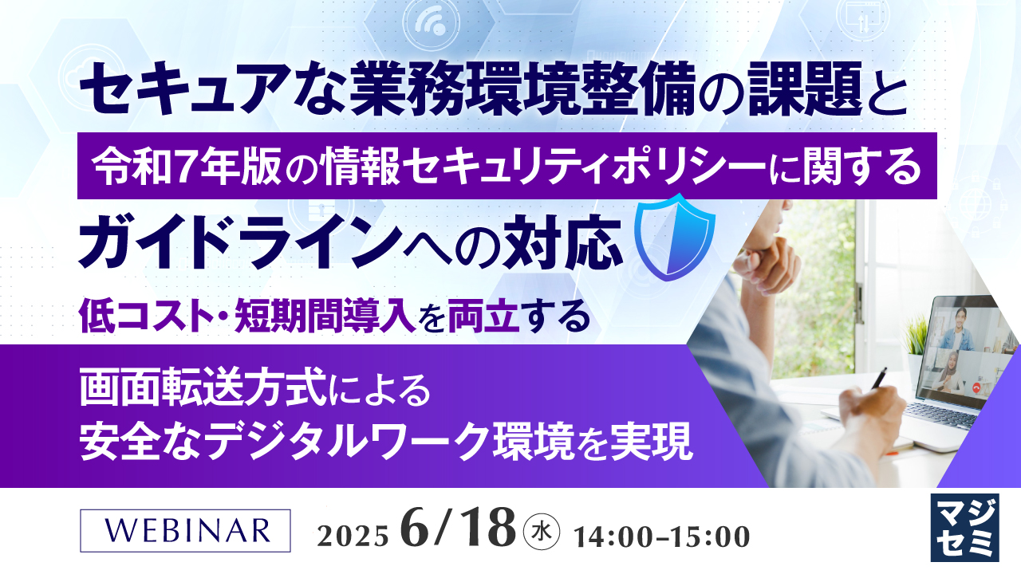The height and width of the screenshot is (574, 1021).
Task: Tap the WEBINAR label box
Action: [x=185, y=530]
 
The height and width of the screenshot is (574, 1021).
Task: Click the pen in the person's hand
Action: [x=878, y=378]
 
